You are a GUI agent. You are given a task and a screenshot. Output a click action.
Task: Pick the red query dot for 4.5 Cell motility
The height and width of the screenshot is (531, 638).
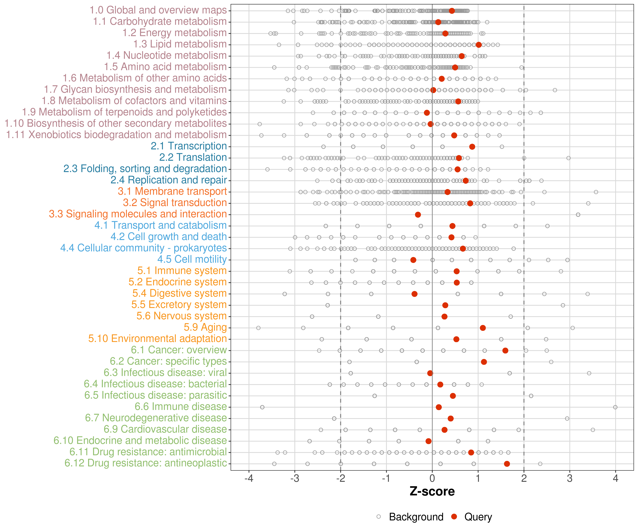(x=413, y=260)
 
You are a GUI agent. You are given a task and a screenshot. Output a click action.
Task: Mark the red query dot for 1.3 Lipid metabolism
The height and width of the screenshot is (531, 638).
(x=478, y=45)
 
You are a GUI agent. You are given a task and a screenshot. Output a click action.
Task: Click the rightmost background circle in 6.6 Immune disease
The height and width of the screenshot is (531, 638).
(x=615, y=407)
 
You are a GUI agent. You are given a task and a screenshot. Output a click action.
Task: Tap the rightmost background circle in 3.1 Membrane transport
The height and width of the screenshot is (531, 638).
(x=596, y=192)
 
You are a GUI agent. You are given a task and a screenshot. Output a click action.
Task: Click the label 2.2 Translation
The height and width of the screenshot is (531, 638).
(x=193, y=158)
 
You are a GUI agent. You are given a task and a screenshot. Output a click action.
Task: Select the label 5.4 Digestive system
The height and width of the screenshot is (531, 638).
(x=179, y=293)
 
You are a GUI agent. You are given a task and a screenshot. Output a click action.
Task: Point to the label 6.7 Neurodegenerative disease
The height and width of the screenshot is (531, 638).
(x=156, y=418)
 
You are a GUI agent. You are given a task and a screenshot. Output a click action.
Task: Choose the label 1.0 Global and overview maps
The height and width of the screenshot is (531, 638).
(x=158, y=10)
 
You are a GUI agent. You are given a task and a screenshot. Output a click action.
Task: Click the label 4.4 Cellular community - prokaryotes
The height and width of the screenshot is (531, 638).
(x=143, y=248)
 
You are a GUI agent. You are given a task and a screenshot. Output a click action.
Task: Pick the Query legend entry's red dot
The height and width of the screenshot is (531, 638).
(x=454, y=516)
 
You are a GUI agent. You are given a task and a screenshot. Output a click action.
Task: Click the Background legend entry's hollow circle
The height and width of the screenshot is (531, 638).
(x=379, y=516)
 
